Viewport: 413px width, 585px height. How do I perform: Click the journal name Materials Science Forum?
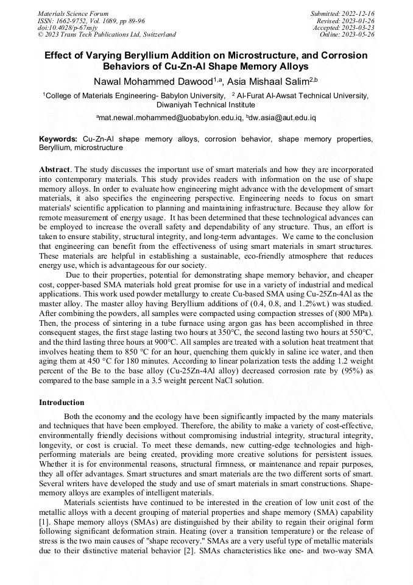pos(73,13)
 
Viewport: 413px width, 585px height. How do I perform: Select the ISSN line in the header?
pos(91,20)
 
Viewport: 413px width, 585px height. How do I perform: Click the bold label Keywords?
pos(58,139)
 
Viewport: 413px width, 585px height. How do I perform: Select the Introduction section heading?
pos(62,403)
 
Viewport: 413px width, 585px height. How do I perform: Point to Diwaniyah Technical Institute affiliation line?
pos(206,104)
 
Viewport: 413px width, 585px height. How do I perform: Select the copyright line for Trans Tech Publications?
pos(107,35)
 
